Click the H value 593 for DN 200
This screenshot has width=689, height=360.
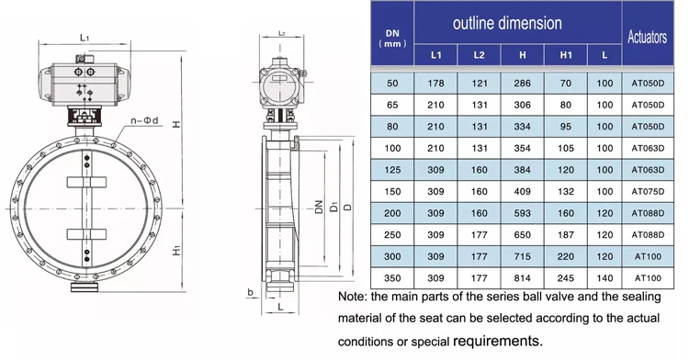coord(522,213)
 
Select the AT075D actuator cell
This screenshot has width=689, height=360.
coord(648,192)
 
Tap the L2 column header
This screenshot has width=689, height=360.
coord(479,55)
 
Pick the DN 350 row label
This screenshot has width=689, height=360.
coord(392,278)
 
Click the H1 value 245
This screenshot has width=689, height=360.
coord(566,278)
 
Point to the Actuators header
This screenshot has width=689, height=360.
coord(648,37)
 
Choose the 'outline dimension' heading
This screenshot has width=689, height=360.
coord(507,23)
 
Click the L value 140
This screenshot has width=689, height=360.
coord(604,278)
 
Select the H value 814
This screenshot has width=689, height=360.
coord(522,278)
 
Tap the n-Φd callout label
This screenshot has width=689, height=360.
coord(144,120)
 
